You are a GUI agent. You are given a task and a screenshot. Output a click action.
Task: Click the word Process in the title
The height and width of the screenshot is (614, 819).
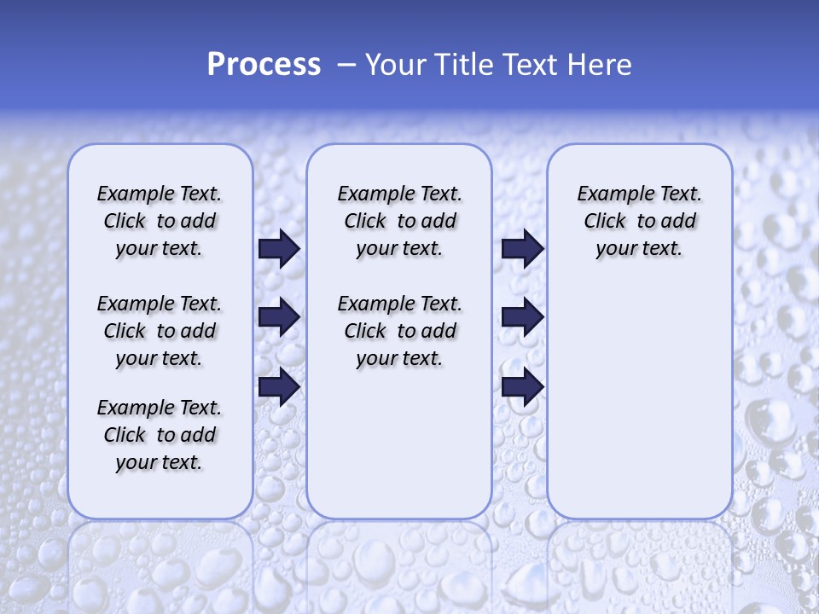point(264,65)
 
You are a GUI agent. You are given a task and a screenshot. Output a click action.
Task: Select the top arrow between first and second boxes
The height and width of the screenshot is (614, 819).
point(279,249)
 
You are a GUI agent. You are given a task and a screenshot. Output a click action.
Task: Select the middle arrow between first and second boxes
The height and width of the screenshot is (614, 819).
point(279,317)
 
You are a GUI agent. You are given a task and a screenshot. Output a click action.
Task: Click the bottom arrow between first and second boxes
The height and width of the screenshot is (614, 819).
point(279,386)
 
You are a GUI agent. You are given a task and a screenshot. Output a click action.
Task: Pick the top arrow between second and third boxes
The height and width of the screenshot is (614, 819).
point(522,249)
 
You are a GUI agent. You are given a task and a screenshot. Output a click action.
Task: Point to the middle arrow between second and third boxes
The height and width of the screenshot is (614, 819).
point(522,317)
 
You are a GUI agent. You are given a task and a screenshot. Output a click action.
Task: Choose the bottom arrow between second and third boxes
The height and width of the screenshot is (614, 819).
point(522,386)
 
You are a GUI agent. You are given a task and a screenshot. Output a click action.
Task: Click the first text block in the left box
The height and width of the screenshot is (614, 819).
point(160,221)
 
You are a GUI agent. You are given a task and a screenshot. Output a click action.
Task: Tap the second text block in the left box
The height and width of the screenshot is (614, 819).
point(160,331)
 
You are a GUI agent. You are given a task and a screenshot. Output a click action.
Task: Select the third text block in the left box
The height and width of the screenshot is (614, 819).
point(160,435)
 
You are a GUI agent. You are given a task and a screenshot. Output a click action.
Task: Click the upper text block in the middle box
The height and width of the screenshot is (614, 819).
point(399,221)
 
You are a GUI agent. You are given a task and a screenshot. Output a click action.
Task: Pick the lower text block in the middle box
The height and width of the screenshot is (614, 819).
point(399,331)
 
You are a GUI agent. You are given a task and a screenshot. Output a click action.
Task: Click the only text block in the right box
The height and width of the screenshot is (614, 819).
point(639,221)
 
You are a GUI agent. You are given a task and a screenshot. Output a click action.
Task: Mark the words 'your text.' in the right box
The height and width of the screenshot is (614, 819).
point(639,249)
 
